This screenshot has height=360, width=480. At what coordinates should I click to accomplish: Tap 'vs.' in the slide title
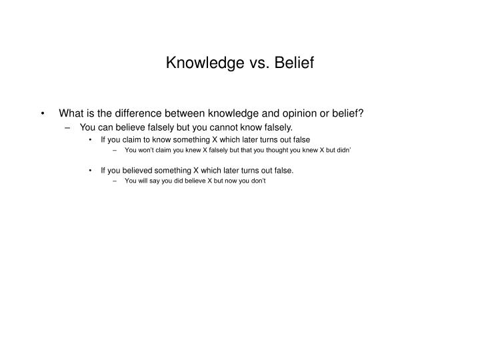click(246, 64)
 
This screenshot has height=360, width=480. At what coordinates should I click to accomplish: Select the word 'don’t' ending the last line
click(257, 181)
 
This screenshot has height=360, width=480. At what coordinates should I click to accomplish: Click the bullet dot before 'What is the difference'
click(43, 113)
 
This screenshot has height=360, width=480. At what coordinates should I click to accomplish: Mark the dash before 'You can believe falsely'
click(69, 127)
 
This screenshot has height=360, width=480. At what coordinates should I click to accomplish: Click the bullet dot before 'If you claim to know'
click(91, 139)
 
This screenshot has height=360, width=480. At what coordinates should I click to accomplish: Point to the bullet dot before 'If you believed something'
click(91, 170)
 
